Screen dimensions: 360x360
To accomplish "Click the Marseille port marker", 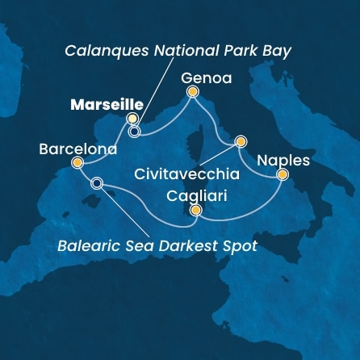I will [132, 119].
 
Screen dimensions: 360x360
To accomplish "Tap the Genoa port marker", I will [192, 92].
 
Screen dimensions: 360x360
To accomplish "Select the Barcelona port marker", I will [77, 163].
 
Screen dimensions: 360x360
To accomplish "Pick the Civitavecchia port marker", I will [240, 142].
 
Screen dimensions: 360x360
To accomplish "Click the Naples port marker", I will [283, 174].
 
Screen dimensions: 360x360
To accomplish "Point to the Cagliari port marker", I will [195, 211].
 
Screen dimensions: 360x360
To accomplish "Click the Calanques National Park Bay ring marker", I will [134, 130].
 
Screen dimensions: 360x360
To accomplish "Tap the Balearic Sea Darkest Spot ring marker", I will [97, 183].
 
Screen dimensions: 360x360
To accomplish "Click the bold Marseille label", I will [107, 104].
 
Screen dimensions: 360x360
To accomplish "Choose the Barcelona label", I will [77, 149].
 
